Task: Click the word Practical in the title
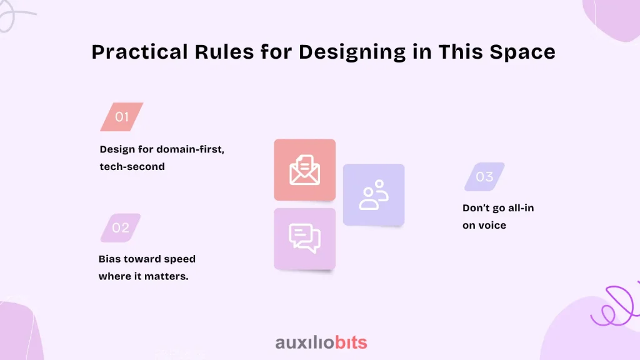click(x=139, y=52)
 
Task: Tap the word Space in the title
click(x=522, y=52)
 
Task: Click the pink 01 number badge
click(x=122, y=117)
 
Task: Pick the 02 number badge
click(x=121, y=227)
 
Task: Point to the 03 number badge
click(x=484, y=177)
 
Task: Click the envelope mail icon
click(x=304, y=170)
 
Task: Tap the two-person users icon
click(x=374, y=195)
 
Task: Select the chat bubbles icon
click(x=304, y=238)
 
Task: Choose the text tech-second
click(x=132, y=166)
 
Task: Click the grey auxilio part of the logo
click(x=305, y=342)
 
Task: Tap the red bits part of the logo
click(x=351, y=342)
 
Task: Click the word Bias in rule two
click(x=109, y=259)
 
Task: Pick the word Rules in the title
click(x=224, y=52)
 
